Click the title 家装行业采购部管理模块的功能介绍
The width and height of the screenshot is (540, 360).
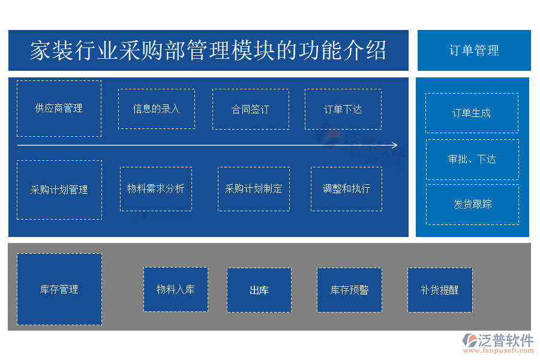pyautogui.click(x=208, y=50)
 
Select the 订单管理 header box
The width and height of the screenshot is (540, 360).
pyautogui.click(x=474, y=50)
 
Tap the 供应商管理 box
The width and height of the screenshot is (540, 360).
pyautogui.click(x=59, y=109)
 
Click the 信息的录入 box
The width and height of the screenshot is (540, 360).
pyautogui.click(x=157, y=109)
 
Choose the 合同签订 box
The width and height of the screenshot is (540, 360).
pyautogui.click(x=251, y=109)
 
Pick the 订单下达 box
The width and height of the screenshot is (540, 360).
pyautogui.click(x=343, y=109)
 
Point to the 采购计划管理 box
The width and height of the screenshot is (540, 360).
pyautogui.click(x=59, y=190)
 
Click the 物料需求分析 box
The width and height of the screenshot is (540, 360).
pyautogui.click(x=156, y=188)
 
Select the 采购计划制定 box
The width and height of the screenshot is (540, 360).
pyautogui.click(x=253, y=188)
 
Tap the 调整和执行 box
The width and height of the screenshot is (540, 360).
pyautogui.click(x=346, y=188)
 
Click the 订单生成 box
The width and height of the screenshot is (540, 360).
pyautogui.click(x=472, y=113)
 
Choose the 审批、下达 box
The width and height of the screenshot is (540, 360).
pyautogui.click(x=472, y=159)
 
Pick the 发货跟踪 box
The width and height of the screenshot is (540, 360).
pyautogui.click(x=472, y=204)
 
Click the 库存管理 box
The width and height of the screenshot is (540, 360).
pyautogui.click(x=59, y=289)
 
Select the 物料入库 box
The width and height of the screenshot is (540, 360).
pyautogui.click(x=176, y=289)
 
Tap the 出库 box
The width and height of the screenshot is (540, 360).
pyautogui.click(x=259, y=290)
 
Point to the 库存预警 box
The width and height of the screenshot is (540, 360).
pyautogui.click(x=349, y=290)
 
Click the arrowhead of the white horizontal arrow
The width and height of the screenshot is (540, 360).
pyautogui.click(x=394, y=145)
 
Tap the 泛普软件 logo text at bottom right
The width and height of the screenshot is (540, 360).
pyautogui.click(x=505, y=340)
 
